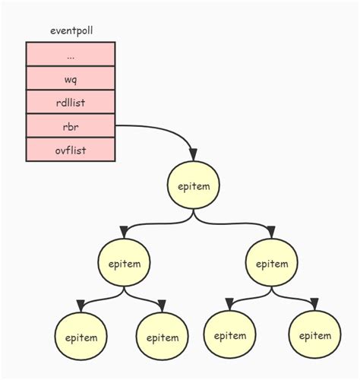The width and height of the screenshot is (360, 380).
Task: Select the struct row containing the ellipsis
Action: click(71, 54)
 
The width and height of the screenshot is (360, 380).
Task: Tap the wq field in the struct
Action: click(71, 78)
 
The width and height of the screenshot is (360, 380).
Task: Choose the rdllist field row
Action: click(71, 102)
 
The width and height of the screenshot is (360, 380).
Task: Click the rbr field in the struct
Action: click(71, 126)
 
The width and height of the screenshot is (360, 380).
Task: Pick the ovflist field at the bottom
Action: click(71, 150)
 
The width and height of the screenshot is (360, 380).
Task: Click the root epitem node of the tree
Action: click(194, 185)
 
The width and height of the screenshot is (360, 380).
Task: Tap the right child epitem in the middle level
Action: click(271, 264)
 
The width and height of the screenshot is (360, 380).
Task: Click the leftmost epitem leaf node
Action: click(81, 337)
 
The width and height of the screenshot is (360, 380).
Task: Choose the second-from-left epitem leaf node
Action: click(162, 337)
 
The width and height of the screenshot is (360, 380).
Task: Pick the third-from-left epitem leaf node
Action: click(229, 335)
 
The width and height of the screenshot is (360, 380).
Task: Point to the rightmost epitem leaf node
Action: click(314, 335)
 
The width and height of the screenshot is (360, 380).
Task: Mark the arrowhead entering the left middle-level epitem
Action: click(123, 232)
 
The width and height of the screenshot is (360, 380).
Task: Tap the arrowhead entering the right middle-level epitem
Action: click(270, 232)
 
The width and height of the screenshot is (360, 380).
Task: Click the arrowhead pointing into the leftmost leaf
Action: click(81, 306)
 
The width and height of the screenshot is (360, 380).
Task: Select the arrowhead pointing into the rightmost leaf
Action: click(314, 303)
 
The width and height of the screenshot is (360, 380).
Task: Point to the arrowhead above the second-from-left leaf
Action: click(161, 306)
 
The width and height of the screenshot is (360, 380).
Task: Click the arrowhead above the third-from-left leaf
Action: click(229, 303)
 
